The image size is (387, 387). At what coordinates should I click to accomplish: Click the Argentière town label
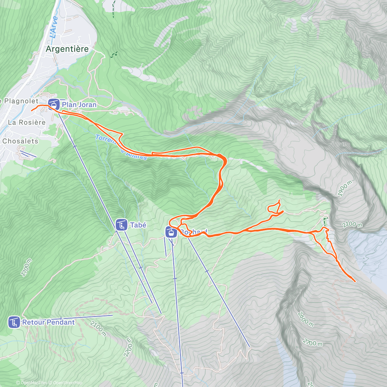pyautogui.click(x=67, y=49)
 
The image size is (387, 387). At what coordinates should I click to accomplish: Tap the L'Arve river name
pyautogui.click(x=54, y=27)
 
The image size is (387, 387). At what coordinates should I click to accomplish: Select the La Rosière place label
pyautogui.click(x=27, y=123)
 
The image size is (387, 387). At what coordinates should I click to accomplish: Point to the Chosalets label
pyautogui.click(x=20, y=141)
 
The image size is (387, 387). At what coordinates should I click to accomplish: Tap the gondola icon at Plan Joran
pyautogui.click(x=54, y=104)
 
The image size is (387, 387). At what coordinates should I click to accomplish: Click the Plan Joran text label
pyautogui.click(x=79, y=104)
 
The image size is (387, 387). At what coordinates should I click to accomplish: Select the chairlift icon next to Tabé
pyautogui.click(x=121, y=225)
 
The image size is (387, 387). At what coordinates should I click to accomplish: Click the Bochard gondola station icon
pyautogui.click(x=171, y=232)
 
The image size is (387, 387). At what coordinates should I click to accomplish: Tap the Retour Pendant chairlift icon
pyautogui.click(x=14, y=322)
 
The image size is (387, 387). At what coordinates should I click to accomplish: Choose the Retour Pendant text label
pyautogui.click(x=48, y=322)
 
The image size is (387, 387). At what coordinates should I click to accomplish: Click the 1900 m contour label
pyautogui.click(x=345, y=189)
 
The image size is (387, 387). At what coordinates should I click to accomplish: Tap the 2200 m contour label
pyautogui.click(x=128, y=347)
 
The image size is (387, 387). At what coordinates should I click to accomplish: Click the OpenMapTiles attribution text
pyautogui.click(x=32, y=383)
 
